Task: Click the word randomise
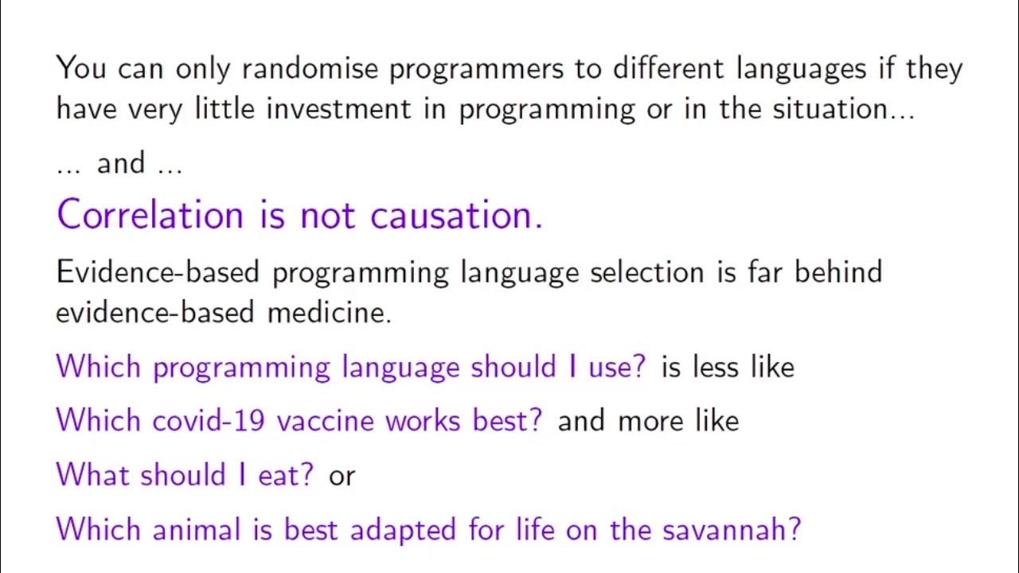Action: click(310, 68)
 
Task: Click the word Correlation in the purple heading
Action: click(150, 215)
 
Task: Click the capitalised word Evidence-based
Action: click(158, 272)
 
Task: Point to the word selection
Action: click(646, 272)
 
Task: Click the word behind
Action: click(838, 272)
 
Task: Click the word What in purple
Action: click(94, 474)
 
